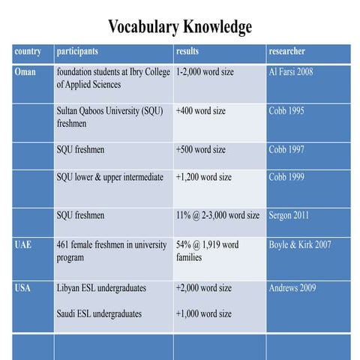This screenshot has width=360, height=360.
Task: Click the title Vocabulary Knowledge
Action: pos(180,27)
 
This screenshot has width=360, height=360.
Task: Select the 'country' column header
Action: pos(28,52)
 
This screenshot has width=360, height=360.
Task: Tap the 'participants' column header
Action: pos(77,52)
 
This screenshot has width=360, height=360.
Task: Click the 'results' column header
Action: pos(187,52)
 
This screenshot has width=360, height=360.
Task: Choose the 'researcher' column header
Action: pos(286,52)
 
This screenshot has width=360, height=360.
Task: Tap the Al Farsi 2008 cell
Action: pos(291,72)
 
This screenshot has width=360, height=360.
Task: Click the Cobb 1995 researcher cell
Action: pos(286,111)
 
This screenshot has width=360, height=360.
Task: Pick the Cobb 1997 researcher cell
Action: pos(286,149)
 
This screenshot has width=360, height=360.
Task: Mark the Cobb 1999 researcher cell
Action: pos(286,178)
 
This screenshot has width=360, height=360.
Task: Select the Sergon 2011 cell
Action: pos(289,216)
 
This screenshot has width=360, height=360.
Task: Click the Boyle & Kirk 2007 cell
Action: pos(300,244)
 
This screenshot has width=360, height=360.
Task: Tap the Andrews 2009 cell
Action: pos(292,288)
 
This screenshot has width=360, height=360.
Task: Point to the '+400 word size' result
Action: pos(200,111)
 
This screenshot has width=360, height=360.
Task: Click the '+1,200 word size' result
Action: pos(203,178)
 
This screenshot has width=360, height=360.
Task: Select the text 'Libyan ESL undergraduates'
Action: pos(101,288)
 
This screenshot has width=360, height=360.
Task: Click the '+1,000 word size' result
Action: pos(203,313)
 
